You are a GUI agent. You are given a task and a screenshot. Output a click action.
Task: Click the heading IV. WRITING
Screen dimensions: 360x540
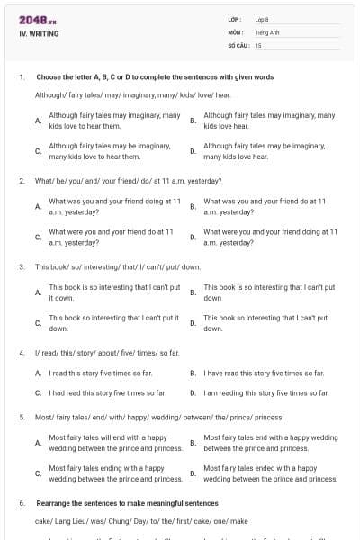click(x=39, y=34)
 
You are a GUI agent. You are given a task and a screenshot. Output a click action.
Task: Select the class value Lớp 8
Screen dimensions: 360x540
click(x=262, y=19)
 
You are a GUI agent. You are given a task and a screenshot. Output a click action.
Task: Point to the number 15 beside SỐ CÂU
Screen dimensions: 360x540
click(x=258, y=44)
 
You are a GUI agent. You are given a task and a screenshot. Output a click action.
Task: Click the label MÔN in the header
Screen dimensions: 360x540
click(x=236, y=31)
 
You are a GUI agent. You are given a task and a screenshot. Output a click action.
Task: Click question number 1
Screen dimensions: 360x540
click(x=21, y=77)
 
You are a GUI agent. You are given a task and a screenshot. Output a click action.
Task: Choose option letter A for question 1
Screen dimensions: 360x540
click(x=38, y=121)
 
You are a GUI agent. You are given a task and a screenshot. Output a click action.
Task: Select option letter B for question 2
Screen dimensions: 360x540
click(x=193, y=206)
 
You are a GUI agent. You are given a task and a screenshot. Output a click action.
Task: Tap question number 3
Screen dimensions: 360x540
click(x=21, y=267)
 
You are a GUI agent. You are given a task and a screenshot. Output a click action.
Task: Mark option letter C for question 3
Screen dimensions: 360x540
click(x=38, y=322)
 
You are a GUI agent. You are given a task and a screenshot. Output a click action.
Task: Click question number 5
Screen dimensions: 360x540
click(x=21, y=418)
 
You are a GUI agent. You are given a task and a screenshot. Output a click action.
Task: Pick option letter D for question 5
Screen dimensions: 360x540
click(x=193, y=473)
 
